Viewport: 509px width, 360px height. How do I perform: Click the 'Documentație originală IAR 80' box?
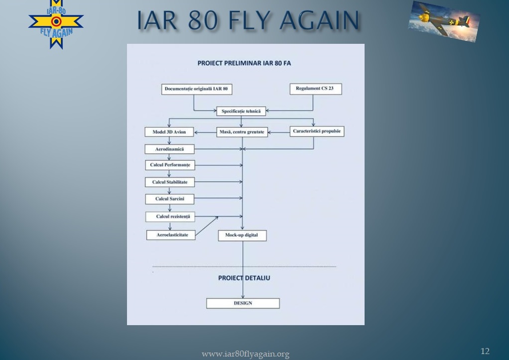(197, 89)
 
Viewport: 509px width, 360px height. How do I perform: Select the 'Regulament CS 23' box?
(316, 89)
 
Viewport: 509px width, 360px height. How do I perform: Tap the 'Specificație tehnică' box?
(241, 111)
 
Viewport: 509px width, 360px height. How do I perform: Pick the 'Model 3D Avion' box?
(169, 132)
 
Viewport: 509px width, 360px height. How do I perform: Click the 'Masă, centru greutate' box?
(242, 132)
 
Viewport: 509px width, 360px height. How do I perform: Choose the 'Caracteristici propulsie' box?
(317, 131)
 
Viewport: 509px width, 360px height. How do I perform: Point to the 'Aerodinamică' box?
(169, 149)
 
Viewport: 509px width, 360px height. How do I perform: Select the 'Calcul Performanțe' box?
(170, 165)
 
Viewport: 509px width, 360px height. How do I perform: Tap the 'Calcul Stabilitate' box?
(170, 182)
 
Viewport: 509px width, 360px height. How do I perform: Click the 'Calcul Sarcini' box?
(170, 199)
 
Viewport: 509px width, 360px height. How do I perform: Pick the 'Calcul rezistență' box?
(170, 217)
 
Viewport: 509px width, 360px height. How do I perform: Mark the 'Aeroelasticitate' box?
(171, 235)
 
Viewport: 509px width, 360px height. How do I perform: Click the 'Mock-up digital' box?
(242, 236)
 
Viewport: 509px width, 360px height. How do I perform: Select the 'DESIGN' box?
(243, 303)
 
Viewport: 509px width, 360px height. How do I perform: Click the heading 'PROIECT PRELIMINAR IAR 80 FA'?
(244, 63)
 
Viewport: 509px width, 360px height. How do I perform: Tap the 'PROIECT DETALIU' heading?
(244, 278)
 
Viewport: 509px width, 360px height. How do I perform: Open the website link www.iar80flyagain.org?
(246, 354)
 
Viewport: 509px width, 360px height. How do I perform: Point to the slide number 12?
(485, 351)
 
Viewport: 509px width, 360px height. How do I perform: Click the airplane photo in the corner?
(444, 21)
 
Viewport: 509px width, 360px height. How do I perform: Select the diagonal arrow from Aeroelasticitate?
(207, 226)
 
